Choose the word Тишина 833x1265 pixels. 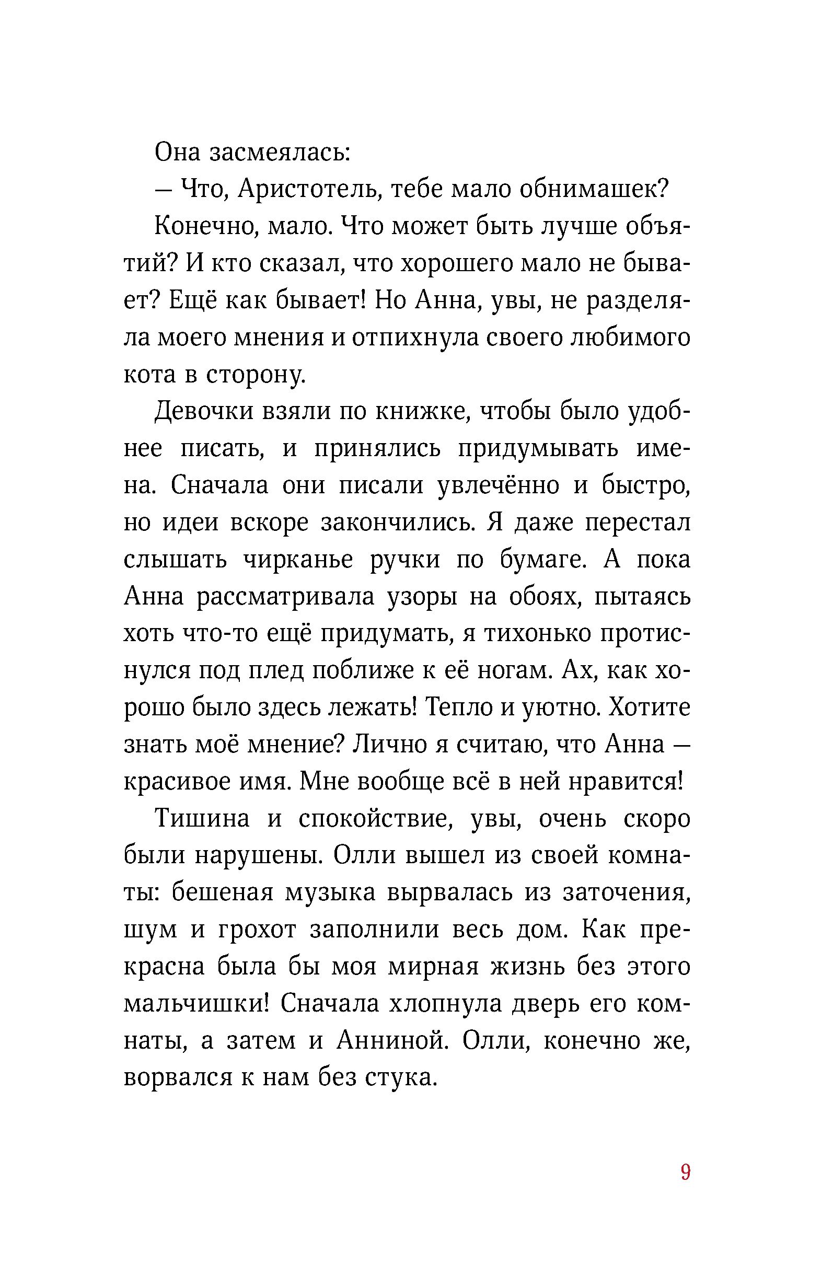click(x=202, y=819)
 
